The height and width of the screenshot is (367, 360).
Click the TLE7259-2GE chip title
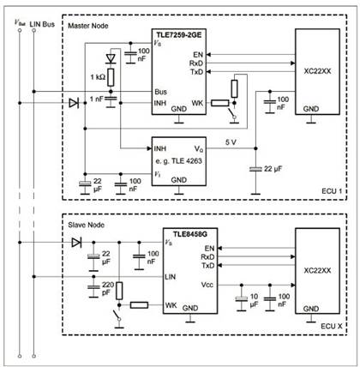pos(178,35)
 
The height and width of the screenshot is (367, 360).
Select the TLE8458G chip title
pos(190,234)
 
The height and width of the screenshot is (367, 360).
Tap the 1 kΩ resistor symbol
pos(111,77)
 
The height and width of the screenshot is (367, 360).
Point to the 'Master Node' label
pos(88,26)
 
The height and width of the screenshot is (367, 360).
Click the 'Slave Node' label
pos(86,225)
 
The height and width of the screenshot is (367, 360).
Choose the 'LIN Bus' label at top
pos(42,24)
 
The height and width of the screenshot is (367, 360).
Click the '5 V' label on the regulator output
pos(231,142)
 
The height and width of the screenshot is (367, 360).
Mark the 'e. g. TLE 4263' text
pos(178,161)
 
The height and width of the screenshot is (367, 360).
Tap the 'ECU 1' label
pos(332,191)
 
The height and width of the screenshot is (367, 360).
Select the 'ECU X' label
pos(332,326)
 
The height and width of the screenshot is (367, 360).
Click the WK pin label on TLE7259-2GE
pos(197,103)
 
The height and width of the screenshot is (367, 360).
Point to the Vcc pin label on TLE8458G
pos(207,285)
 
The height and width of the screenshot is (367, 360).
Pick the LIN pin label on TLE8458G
pos(170,277)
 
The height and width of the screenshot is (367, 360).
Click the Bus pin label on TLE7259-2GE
pos(160,92)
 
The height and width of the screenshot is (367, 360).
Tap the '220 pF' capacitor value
pos(108,288)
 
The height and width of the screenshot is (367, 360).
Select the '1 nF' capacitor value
pos(97,99)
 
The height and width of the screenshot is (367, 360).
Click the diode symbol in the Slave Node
pos(76,243)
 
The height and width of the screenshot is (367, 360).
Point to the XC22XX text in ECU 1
pos(317,71)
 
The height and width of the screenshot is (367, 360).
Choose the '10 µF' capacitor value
pos(254,300)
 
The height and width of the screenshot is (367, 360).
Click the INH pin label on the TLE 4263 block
pos(160,148)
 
